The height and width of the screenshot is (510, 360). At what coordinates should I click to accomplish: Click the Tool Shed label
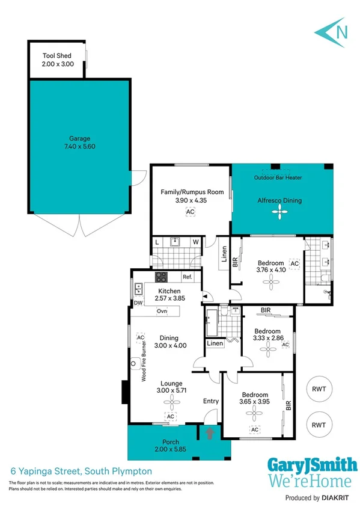tap(56, 59)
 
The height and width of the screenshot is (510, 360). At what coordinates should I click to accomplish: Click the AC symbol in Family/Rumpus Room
tap(191, 212)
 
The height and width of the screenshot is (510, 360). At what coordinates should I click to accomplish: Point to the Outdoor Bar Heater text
tap(278, 177)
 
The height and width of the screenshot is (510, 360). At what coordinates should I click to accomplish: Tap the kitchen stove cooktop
tap(162, 277)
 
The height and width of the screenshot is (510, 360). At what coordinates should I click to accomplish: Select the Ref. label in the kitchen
tap(188, 277)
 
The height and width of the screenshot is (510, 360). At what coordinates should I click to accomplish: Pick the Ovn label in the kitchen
tap(162, 311)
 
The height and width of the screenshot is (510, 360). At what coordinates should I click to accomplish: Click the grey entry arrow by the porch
tap(209, 432)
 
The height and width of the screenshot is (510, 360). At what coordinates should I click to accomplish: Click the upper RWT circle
tap(319, 389)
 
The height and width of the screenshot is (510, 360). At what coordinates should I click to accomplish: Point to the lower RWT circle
tap(319, 425)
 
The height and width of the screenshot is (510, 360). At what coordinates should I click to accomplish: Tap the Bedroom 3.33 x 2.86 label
tap(267, 335)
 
